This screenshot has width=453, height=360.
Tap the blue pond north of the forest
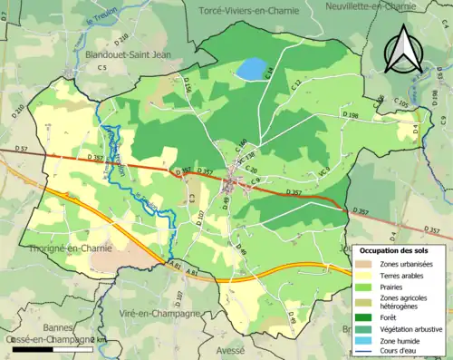[x=251, y=69]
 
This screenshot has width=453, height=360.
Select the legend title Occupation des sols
[x=400, y=249]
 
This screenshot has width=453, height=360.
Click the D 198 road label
[x=352, y=116]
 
